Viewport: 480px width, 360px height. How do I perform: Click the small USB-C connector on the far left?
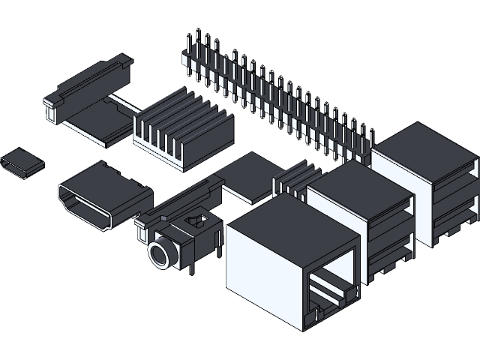pos(21,163)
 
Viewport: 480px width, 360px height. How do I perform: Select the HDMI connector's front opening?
pos(85,207)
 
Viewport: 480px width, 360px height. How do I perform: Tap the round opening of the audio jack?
pos(160,254)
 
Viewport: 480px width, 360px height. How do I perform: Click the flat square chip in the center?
pos(251,175)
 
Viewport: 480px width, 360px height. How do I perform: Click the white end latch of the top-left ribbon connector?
pos(51,112)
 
